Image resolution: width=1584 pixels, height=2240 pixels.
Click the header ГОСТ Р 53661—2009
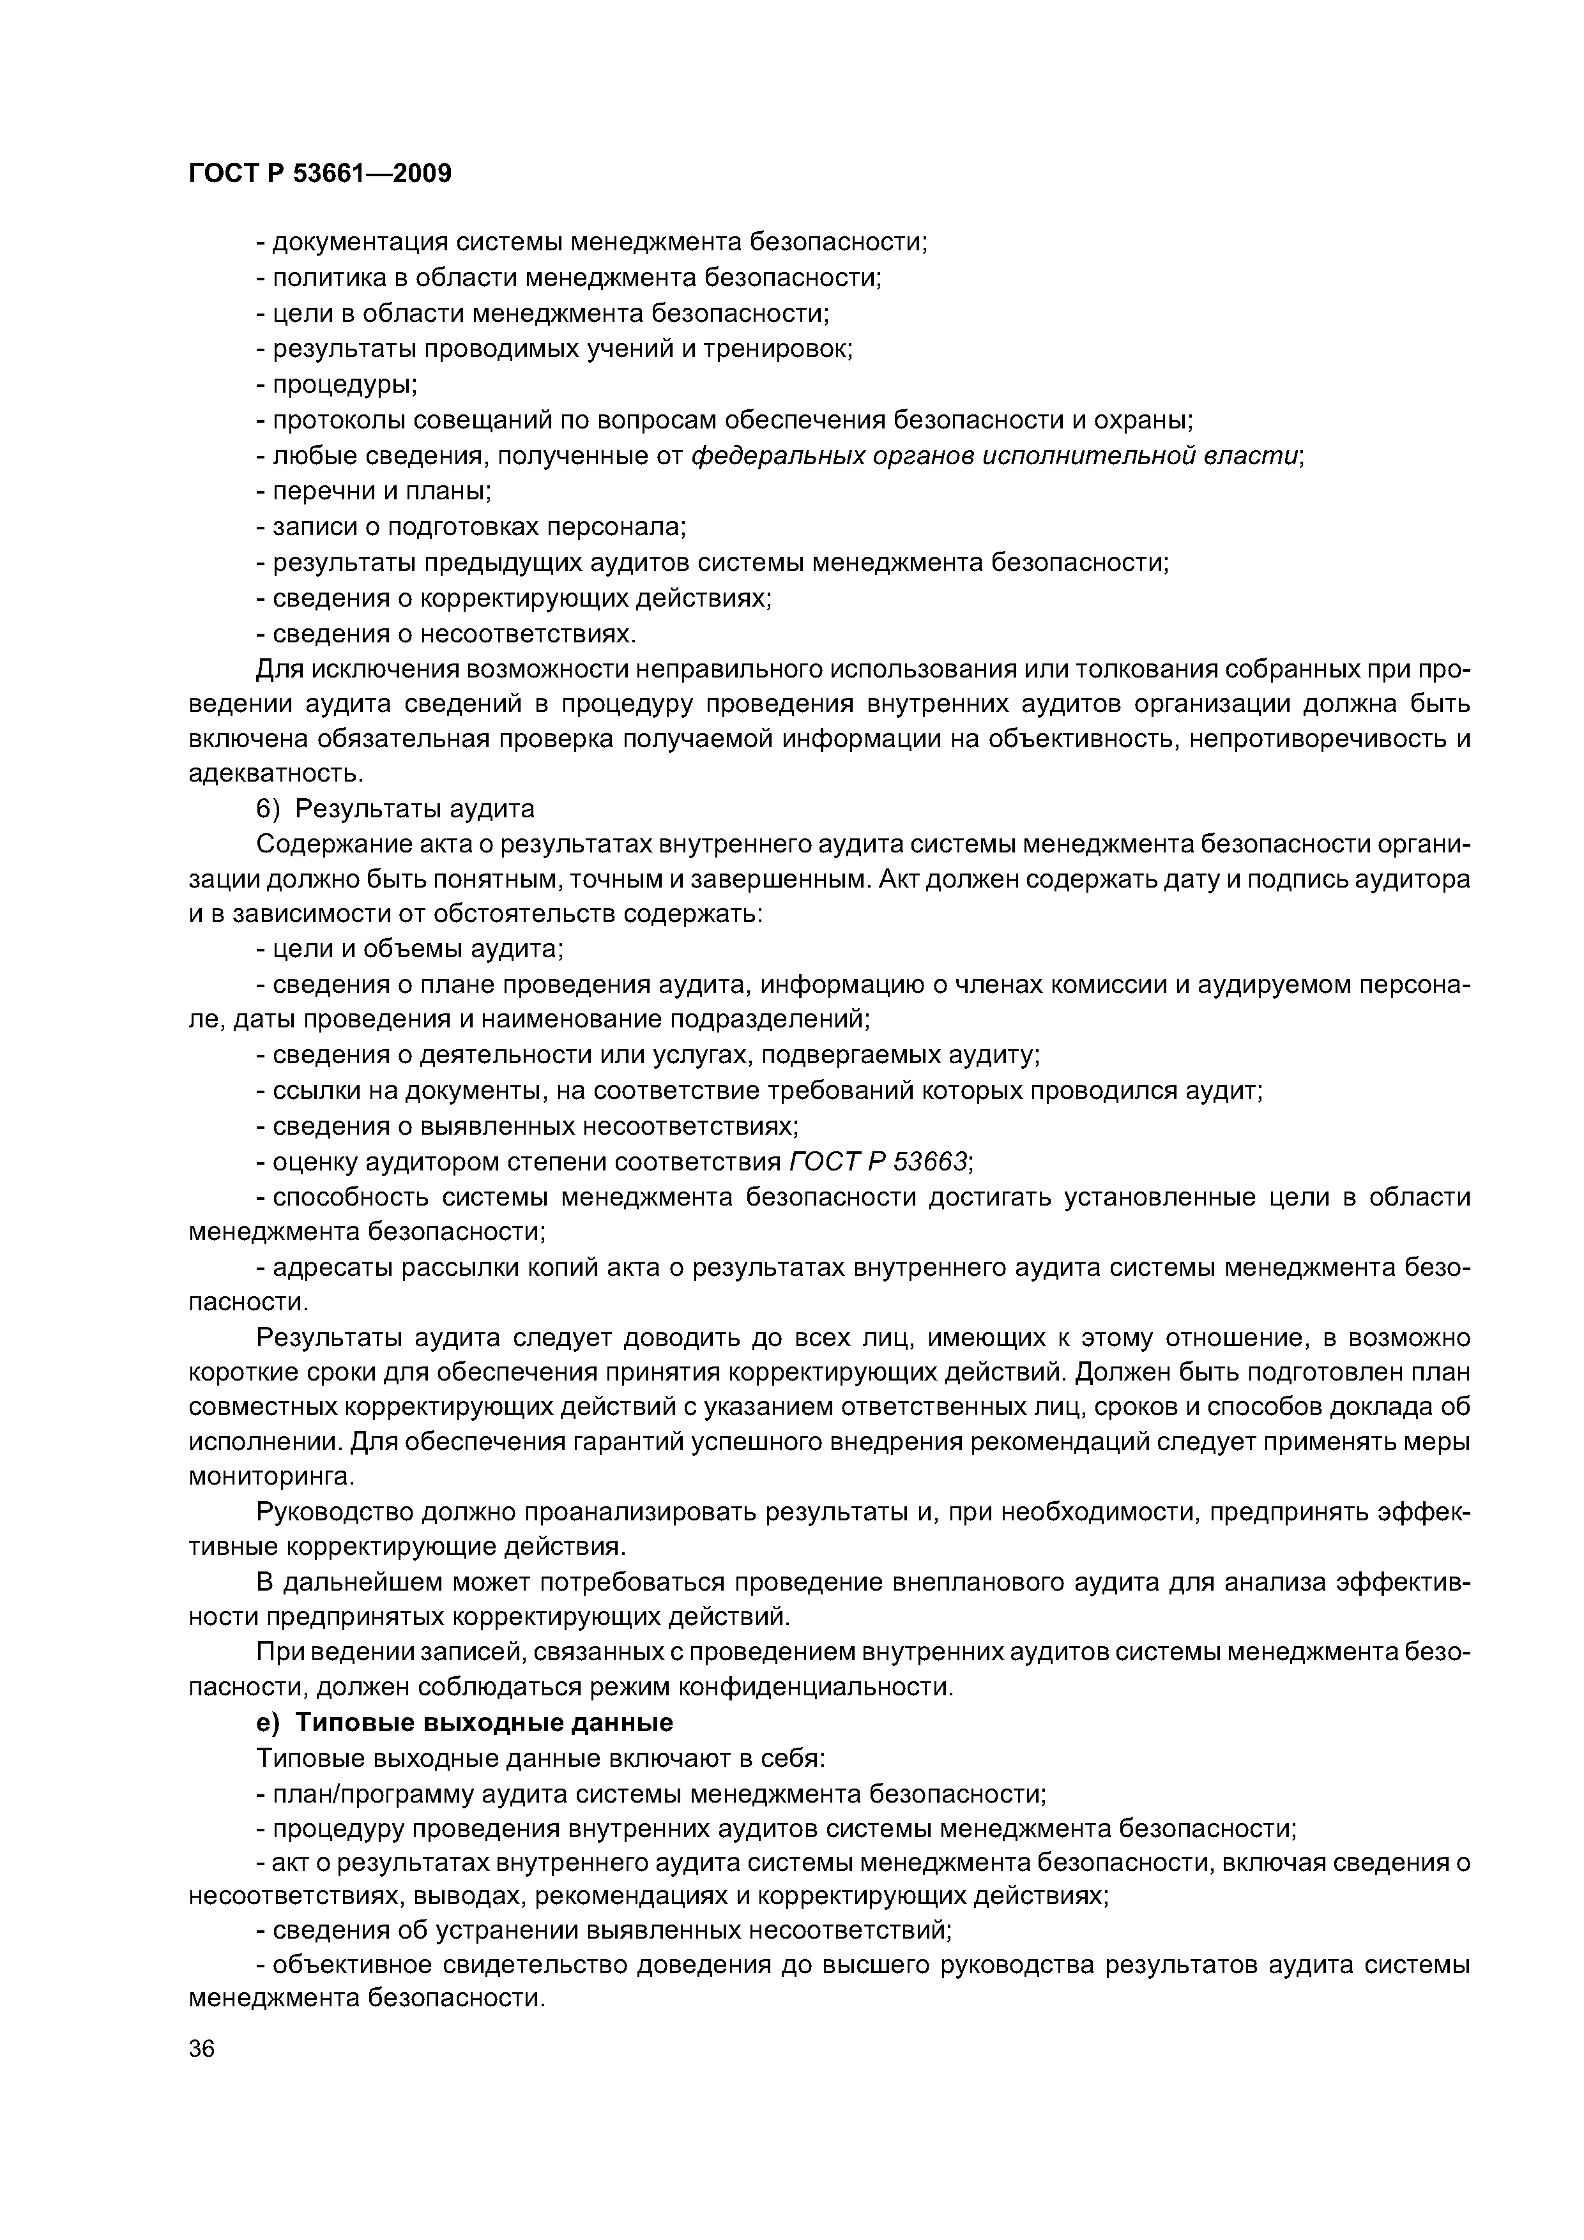(320, 174)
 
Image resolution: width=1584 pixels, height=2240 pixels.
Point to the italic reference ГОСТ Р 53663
(878, 1162)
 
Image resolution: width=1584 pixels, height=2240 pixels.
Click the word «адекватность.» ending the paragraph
(275, 774)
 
